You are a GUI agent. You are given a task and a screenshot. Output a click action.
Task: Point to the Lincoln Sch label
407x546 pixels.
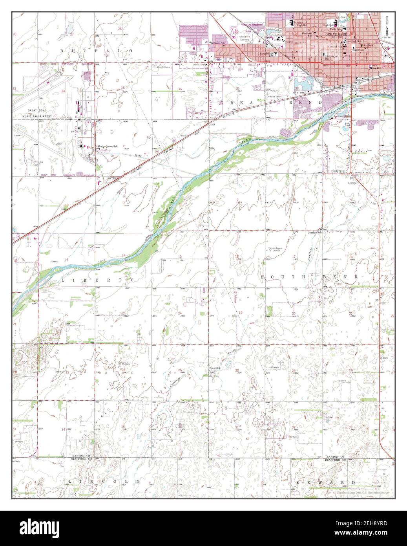[x=218, y=42]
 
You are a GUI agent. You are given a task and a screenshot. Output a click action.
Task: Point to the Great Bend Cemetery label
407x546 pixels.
[x=245, y=38]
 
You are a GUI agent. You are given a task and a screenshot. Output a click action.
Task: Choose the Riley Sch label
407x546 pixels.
[x=376, y=68]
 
